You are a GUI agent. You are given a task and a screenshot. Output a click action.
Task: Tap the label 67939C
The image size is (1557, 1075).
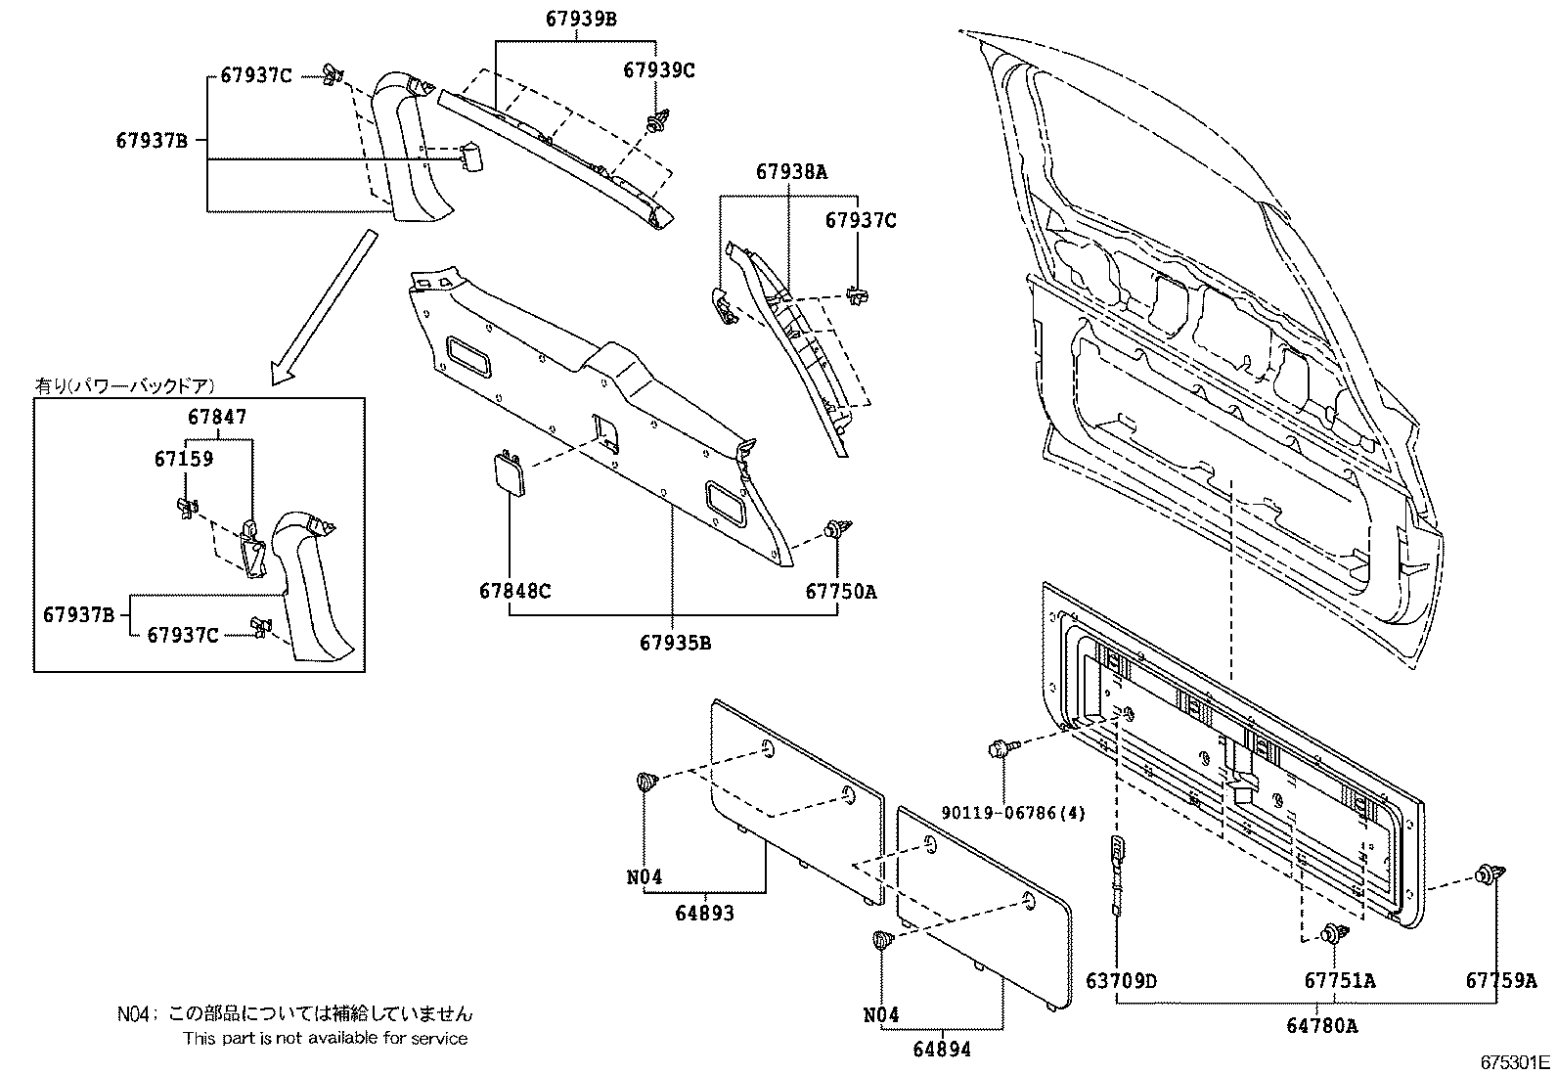658,70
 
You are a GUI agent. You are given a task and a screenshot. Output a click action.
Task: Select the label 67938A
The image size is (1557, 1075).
790,172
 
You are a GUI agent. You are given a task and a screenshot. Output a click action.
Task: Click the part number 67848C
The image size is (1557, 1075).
514,591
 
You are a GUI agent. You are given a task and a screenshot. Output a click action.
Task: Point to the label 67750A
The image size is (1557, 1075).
840,591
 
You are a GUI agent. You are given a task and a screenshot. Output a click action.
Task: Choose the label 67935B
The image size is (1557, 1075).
675,643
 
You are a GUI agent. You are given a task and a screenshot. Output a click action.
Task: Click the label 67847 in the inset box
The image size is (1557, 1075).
217,417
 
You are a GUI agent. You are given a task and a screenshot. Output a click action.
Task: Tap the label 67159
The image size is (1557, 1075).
183,458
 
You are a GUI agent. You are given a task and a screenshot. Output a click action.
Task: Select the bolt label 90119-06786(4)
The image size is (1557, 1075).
1013,812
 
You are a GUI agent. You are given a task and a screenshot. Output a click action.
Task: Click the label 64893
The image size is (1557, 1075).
704,913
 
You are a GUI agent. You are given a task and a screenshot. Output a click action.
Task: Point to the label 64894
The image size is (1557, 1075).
942,1049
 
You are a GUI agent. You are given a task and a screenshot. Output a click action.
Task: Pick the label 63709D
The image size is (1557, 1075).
1121,980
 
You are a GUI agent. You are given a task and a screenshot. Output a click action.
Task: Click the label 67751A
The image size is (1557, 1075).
1339,980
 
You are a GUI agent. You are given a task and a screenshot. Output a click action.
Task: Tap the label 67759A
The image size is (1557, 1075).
1500,980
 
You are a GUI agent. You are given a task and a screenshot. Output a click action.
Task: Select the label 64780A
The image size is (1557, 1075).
1321,1025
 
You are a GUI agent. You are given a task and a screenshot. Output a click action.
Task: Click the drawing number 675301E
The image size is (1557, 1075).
1514,1061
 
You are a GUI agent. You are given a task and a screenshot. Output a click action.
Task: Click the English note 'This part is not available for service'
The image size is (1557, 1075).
325,1038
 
